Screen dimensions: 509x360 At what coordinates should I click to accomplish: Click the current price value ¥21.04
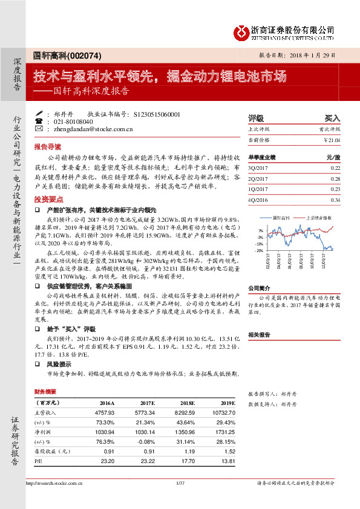[332, 140]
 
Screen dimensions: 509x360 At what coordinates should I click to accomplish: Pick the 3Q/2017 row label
[258, 167]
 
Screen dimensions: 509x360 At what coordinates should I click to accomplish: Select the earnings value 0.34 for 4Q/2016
[336, 199]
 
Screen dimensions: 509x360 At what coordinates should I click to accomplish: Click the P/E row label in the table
[38, 461]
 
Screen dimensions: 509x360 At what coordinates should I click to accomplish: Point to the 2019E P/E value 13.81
[226, 461]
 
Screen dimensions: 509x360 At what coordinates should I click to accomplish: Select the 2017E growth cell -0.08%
[146, 441]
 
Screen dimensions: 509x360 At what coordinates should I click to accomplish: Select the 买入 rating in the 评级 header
[332, 118]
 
